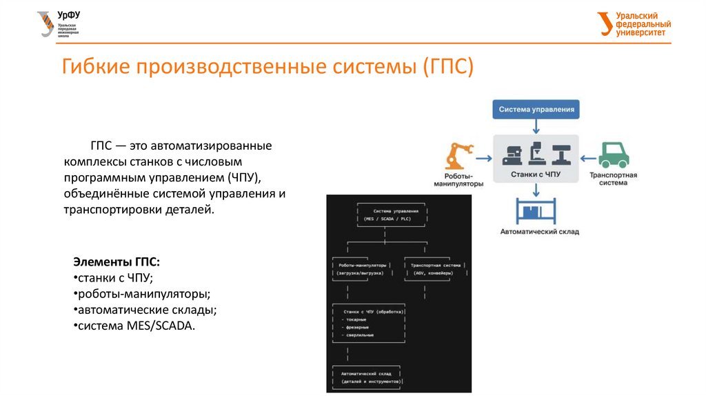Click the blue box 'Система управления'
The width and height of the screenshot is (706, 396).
click(x=536, y=109)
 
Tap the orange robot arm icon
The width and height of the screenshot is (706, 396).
click(x=458, y=157)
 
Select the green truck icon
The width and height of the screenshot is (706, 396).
click(x=613, y=155)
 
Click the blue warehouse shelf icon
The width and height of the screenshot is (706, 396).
click(x=536, y=208)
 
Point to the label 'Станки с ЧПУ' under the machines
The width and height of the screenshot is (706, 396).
click(x=536, y=175)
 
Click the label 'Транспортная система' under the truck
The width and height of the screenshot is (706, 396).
click(x=613, y=179)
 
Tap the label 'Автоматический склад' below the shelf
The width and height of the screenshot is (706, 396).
click(x=536, y=232)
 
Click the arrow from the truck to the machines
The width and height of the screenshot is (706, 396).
click(x=587, y=157)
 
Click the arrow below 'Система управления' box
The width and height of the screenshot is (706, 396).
click(x=536, y=126)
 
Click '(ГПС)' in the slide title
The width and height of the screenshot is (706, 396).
click(x=447, y=68)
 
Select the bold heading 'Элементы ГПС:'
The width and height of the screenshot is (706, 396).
click(x=117, y=263)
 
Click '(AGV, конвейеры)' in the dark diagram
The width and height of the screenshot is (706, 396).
click(x=433, y=273)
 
